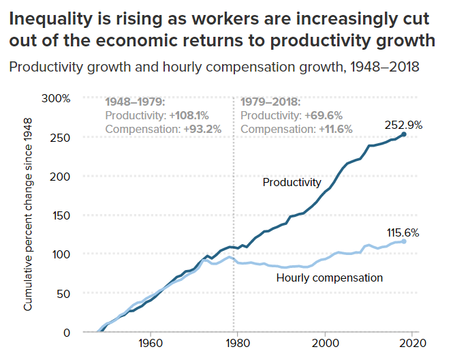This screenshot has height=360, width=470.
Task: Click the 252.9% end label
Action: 403,125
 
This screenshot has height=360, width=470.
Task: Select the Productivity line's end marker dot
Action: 404,134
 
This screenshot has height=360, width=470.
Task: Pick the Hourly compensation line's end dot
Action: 404,241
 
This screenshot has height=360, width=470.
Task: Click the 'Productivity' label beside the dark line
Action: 292,182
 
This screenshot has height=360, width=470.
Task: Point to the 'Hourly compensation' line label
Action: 329,277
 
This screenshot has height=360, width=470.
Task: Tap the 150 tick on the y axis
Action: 62,215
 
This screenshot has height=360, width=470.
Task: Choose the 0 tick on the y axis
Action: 67,332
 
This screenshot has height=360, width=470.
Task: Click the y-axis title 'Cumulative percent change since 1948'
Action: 28,219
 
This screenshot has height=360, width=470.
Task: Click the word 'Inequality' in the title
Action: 52,20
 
